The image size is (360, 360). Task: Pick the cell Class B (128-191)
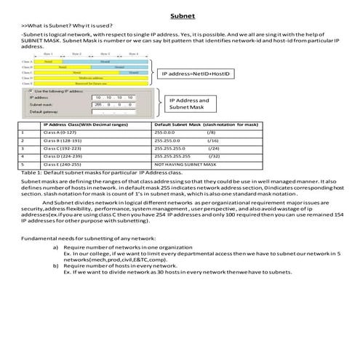pos(60,140)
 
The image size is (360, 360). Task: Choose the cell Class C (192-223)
pos(60,148)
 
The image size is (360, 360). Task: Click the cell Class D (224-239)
pos(60,156)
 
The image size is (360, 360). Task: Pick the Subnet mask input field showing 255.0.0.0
pos(110,104)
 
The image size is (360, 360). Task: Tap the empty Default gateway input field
pos(110,112)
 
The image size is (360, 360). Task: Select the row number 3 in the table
pos(24,148)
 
